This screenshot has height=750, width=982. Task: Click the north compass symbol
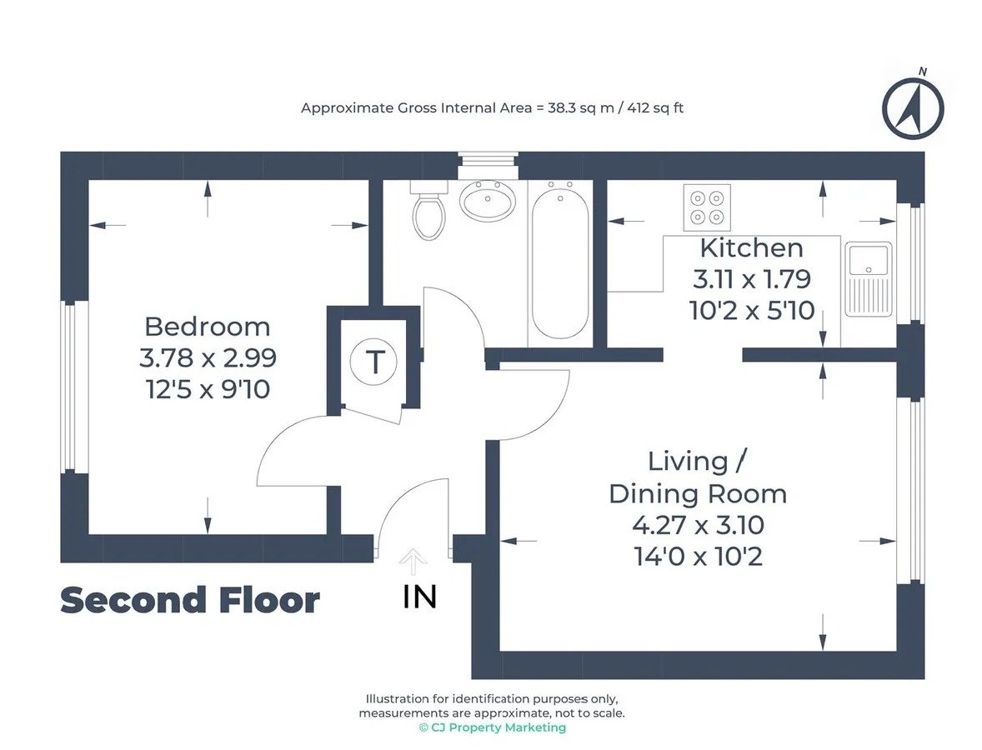tap(913, 106)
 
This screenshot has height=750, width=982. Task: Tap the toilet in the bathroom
tap(428, 210)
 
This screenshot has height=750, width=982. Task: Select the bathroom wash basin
tap(488, 200)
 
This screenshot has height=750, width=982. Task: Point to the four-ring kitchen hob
tap(707, 207)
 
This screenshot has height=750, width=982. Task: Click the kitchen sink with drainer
tap(869, 279)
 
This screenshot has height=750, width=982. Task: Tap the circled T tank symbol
tap(374, 362)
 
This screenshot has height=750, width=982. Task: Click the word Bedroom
tap(208, 327)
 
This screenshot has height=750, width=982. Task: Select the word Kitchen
tap(752, 247)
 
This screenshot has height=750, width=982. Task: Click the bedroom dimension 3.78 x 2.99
tap(208, 357)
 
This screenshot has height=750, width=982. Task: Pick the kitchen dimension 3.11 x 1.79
tap(752, 279)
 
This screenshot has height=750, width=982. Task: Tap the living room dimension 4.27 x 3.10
tap(698, 525)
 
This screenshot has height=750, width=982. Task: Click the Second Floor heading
tap(190, 600)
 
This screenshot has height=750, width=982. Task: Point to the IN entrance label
tap(419, 597)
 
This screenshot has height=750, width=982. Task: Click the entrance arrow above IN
tap(413, 562)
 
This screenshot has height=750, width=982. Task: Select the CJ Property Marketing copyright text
tap(493, 727)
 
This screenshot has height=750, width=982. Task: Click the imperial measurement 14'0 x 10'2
tap(699, 557)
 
